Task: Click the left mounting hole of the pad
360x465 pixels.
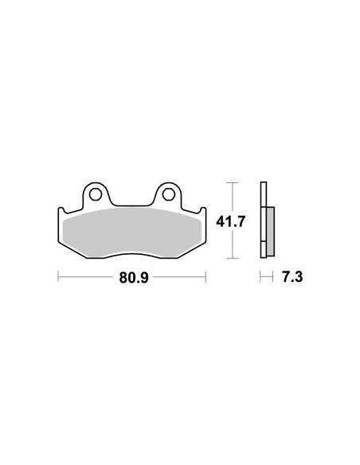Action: [96, 194]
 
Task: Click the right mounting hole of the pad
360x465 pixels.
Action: [168, 194]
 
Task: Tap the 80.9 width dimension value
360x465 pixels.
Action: [134, 278]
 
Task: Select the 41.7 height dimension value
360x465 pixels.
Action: [230, 221]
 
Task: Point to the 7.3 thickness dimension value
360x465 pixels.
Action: [292, 277]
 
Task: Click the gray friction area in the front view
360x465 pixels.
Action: [132, 232]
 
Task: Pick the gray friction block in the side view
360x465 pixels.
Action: [271, 232]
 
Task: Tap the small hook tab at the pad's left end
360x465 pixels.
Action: [61, 211]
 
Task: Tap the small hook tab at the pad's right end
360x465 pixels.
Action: [203, 211]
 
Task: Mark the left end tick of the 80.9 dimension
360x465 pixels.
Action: [58, 276]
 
